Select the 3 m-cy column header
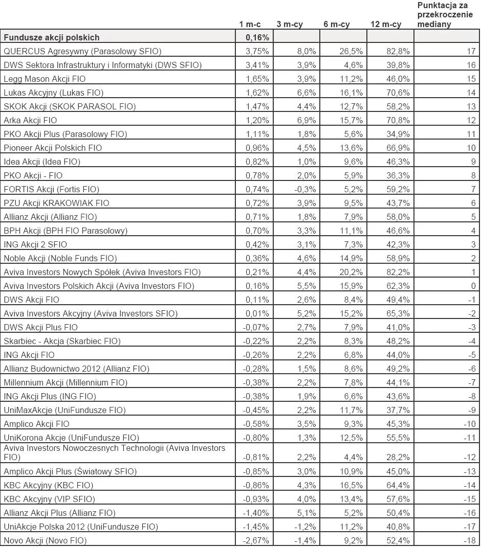[290, 24]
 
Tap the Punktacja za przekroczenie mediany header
[445, 14]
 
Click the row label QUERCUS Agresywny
[82, 51]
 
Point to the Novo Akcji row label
[45, 540]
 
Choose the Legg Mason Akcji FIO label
[45, 79]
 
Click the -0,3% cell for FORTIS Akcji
[307, 189]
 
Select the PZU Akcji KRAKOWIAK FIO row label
[56, 203]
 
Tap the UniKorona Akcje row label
[71, 438]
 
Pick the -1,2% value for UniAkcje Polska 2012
[307, 527]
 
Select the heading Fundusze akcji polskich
[52, 37]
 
